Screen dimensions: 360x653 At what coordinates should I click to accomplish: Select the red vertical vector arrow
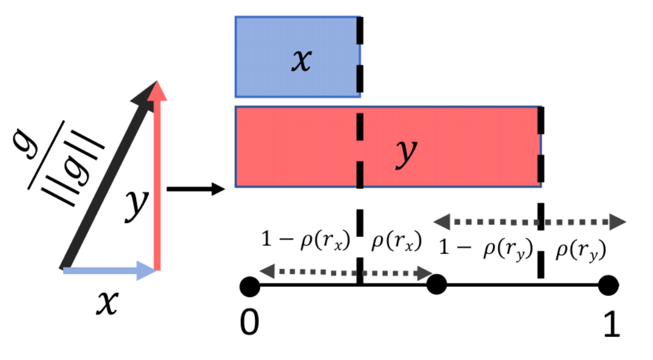click(156, 177)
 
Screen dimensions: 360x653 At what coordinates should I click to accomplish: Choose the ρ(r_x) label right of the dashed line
click(396, 242)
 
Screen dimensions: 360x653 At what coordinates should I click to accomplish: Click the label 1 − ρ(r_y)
click(486, 250)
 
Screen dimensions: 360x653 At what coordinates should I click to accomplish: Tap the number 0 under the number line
click(250, 323)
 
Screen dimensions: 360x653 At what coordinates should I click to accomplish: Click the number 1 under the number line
click(611, 323)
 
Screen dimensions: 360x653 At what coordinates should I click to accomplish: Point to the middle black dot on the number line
click(436, 286)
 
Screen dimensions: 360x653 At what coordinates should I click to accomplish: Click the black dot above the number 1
click(608, 287)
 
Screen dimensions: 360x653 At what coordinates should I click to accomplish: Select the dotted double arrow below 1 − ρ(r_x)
click(347, 272)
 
